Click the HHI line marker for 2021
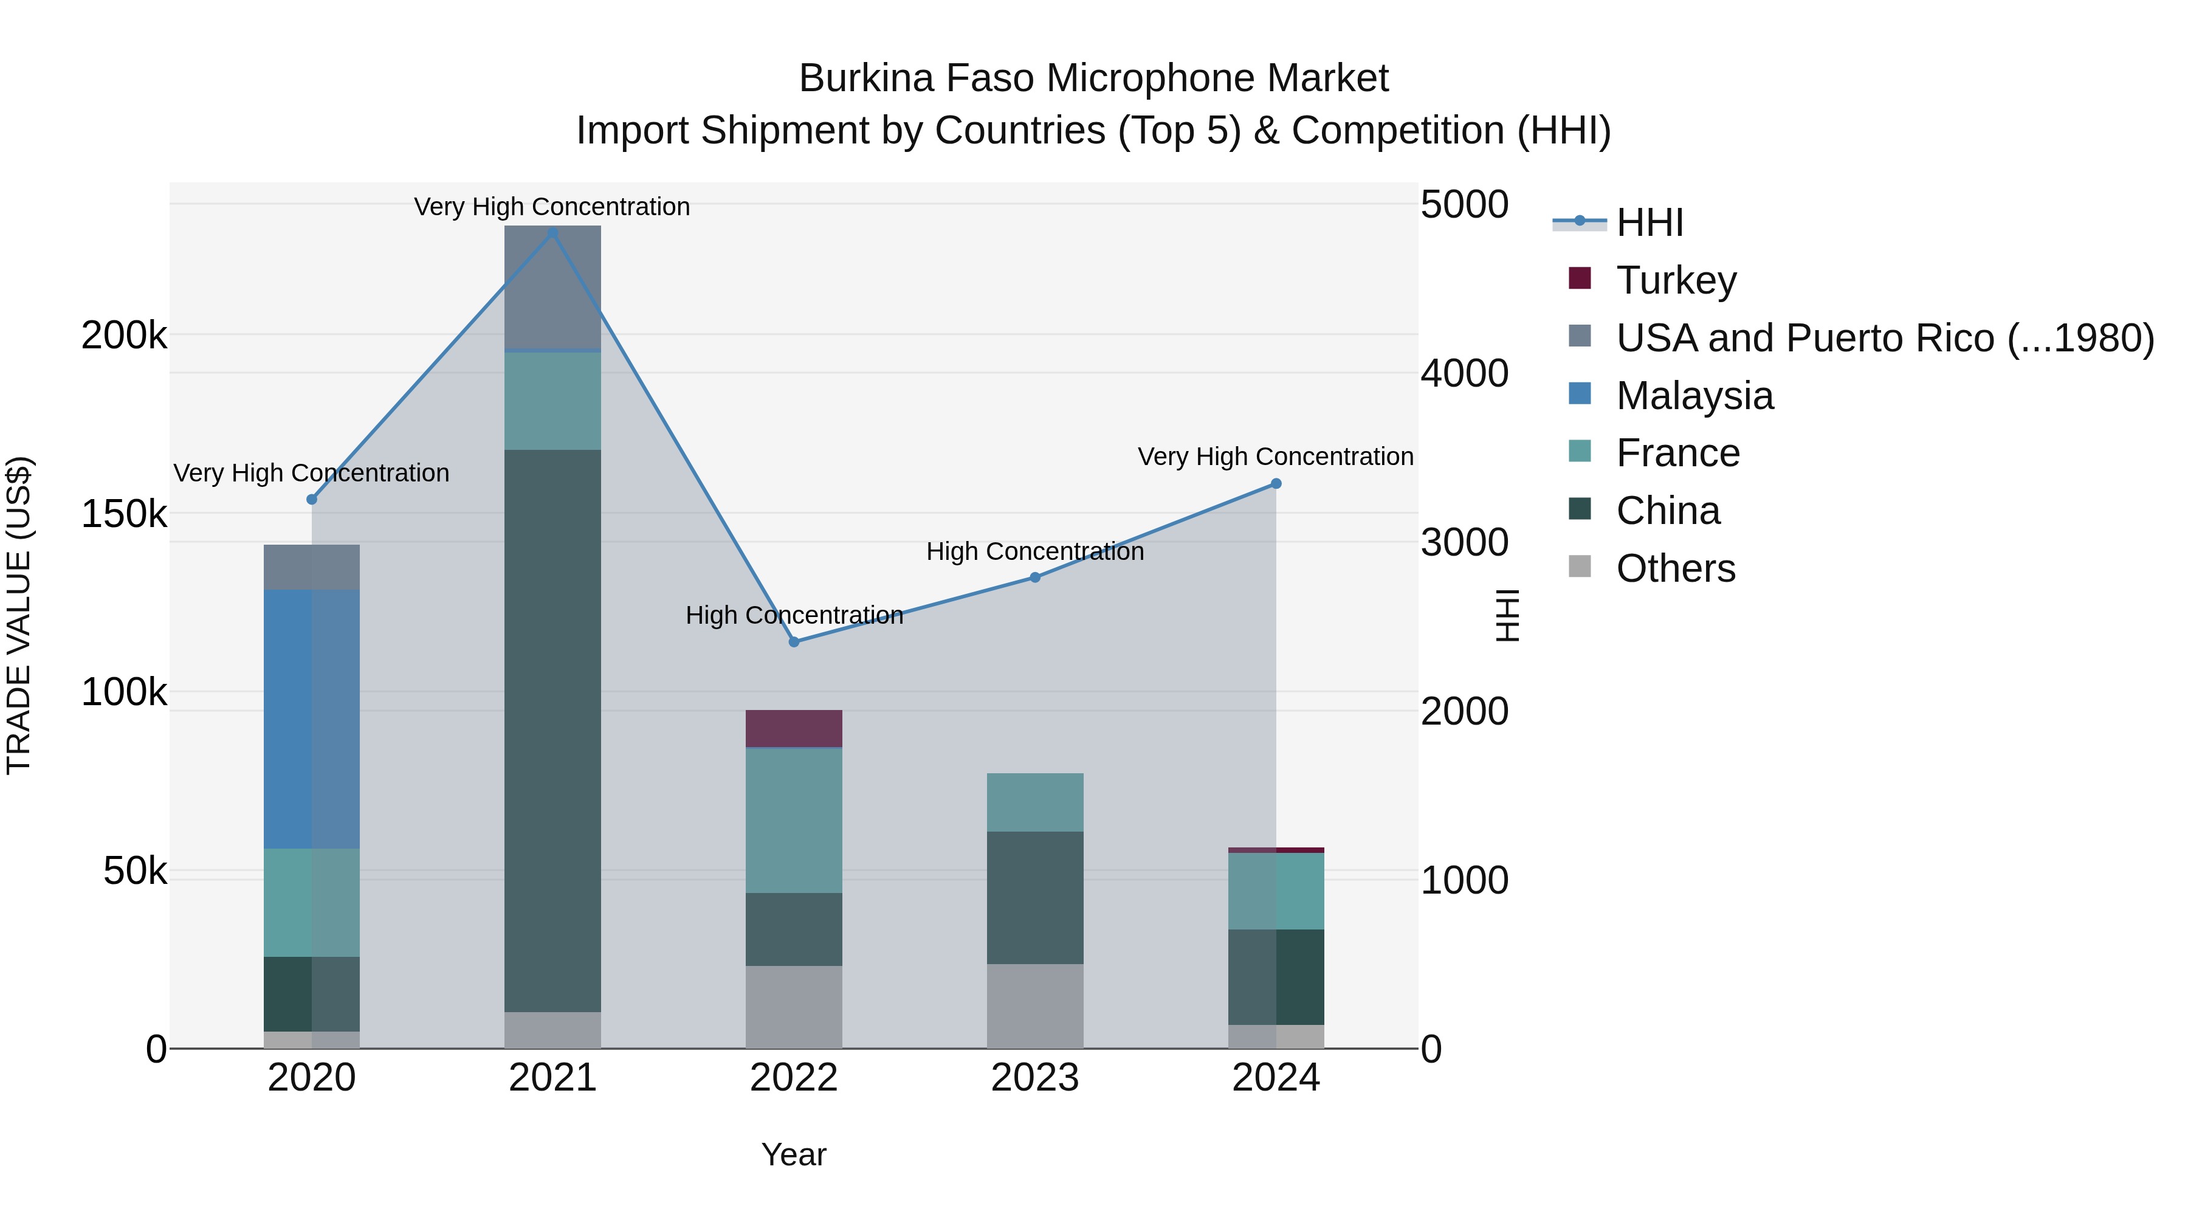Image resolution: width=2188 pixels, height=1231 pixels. coord(552,233)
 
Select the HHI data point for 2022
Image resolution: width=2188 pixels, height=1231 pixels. coord(793,641)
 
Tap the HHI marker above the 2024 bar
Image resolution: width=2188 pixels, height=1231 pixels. coord(1275,483)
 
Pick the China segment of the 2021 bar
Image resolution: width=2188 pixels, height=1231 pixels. coord(552,731)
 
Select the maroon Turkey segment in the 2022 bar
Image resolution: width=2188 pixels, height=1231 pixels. coord(793,729)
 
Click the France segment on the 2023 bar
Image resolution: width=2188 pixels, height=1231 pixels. coord(1034,802)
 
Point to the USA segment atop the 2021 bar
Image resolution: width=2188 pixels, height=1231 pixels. coord(552,287)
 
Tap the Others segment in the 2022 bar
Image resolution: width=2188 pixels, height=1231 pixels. coord(793,1007)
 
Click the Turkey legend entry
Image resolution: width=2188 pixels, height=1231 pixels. coord(1675,280)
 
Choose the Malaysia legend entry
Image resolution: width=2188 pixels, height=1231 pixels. coord(1694,396)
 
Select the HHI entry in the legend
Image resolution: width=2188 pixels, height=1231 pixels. coord(1649,222)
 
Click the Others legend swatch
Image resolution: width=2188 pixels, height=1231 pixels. coord(1579,567)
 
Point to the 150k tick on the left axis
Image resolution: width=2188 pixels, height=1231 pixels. coord(124,514)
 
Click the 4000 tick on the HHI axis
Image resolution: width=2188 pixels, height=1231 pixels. coord(1464,373)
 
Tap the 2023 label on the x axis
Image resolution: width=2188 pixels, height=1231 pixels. coord(1034,1078)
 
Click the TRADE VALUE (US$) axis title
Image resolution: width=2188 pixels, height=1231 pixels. coord(19,615)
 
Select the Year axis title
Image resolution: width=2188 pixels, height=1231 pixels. coord(793,1154)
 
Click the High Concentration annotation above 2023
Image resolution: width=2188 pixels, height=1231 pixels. coord(1034,551)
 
